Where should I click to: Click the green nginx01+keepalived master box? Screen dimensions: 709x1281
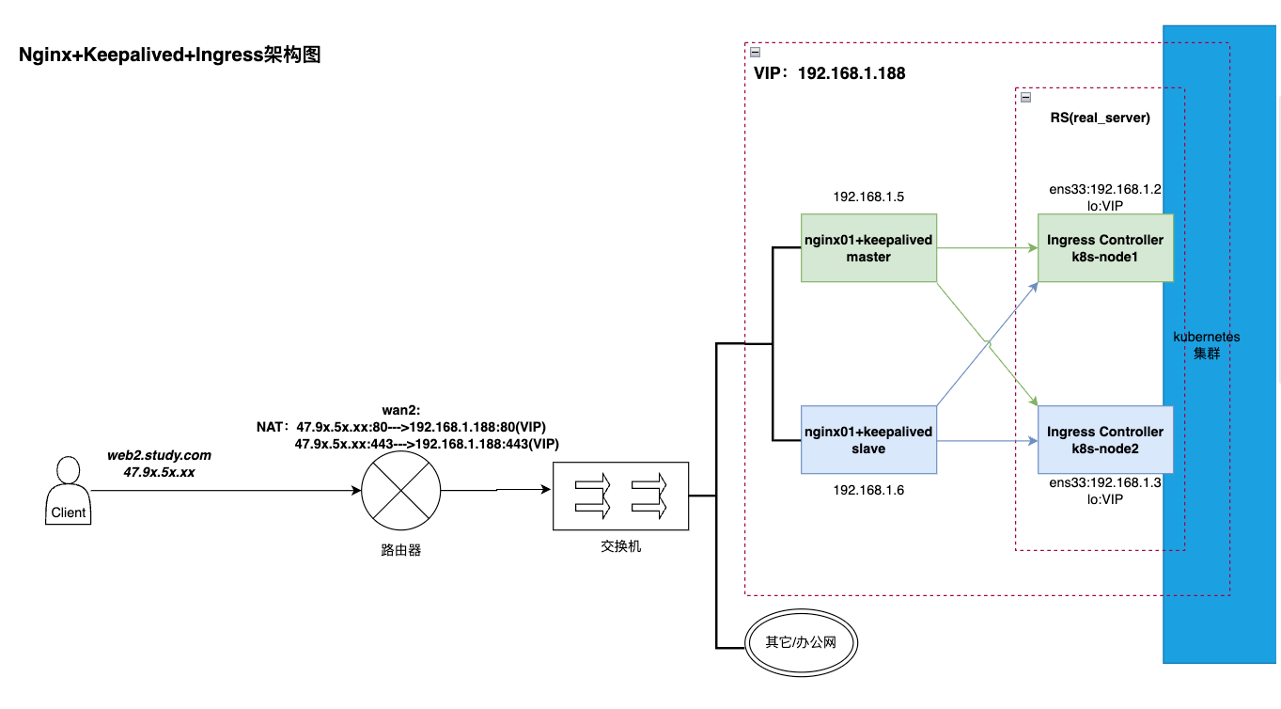pyautogui.click(x=869, y=248)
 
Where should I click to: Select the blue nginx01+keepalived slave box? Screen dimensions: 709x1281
pyautogui.click(x=869, y=440)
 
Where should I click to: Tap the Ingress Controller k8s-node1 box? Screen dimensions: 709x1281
pyautogui.click(x=1105, y=248)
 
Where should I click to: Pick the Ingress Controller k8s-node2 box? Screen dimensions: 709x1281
pyautogui.click(x=1105, y=440)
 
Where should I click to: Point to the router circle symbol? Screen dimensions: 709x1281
pyautogui.click(x=401, y=490)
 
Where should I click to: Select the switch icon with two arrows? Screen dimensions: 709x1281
pyautogui.click(x=620, y=495)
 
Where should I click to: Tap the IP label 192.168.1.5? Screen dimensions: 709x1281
pyautogui.click(x=868, y=197)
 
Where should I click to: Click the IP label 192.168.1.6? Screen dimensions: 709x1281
pyautogui.click(x=868, y=491)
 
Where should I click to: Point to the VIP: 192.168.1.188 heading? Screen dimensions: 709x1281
pyautogui.click(x=830, y=73)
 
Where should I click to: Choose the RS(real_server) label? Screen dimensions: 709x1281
pyautogui.click(x=1100, y=118)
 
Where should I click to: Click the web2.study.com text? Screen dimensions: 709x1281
pyautogui.click(x=159, y=455)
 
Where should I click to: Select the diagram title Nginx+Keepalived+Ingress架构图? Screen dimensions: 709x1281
pyautogui.click(x=170, y=55)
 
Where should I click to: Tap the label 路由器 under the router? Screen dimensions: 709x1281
pyautogui.click(x=401, y=550)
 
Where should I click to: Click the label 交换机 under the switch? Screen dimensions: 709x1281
pyautogui.click(x=620, y=546)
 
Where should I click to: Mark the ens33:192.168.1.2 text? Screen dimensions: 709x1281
pyautogui.click(x=1105, y=189)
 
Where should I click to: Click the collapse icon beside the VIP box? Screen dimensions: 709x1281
pyautogui.click(x=755, y=53)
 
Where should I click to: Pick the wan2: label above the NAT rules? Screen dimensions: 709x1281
pyautogui.click(x=401, y=410)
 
